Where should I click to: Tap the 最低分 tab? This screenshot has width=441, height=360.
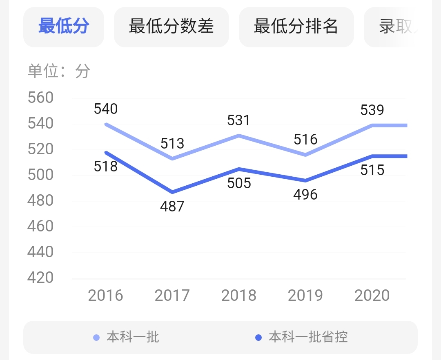tap(64, 27)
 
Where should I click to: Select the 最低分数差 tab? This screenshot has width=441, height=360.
tap(171, 27)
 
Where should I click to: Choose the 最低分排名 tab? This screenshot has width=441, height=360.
tap(296, 27)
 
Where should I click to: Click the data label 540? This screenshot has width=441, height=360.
tap(106, 109)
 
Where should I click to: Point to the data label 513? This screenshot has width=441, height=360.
tap(172, 144)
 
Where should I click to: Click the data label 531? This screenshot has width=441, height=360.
tap(239, 120)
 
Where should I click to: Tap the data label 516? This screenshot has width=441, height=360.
tap(305, 140)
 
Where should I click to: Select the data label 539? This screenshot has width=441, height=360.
tap(372, 110)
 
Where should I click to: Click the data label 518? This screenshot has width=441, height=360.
tap(106, 167)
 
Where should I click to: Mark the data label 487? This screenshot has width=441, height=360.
tap(172, 207)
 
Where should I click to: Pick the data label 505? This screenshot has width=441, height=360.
tap(239, 183)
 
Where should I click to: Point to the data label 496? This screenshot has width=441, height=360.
tap(305, 195)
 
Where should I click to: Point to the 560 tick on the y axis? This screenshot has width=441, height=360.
tap(40, 98)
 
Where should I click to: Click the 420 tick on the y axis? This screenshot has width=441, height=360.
tap(40, 278)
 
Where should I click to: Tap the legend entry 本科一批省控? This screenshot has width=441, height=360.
tap(308, 338)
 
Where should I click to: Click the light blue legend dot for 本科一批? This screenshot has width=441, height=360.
tap(96, 338)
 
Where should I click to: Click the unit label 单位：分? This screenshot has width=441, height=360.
tap(59, 71)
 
